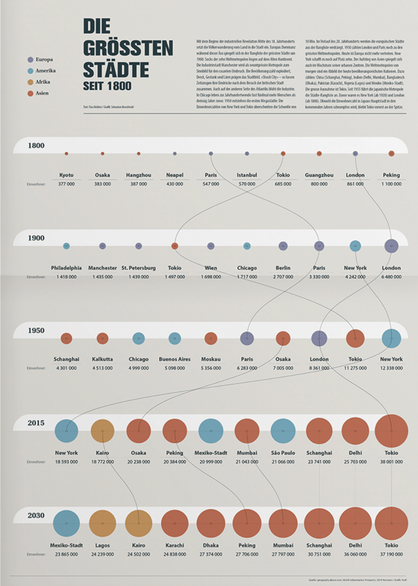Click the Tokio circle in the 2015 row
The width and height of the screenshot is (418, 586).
[391, 431]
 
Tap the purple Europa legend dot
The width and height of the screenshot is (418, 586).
[30, 60]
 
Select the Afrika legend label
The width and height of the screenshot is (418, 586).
[43, 82]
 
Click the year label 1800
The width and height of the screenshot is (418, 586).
[36, 146]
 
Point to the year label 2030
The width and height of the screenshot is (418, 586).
[36, 515]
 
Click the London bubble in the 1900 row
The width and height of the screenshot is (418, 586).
[391, 246]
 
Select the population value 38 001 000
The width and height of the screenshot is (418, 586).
[391, 462]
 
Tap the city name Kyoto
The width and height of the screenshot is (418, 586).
[66, 175]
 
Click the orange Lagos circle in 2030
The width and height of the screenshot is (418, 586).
[103, 523]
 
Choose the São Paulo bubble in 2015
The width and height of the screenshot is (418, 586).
[283, 431]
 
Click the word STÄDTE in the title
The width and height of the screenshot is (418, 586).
[116, 70]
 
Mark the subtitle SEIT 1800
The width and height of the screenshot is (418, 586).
[107, 86]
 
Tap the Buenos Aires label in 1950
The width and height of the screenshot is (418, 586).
[175, 359]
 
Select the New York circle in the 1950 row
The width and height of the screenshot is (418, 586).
[391, 338]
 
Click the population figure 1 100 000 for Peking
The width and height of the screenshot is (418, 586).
[391, 184]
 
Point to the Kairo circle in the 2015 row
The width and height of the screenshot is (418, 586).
[103, 431]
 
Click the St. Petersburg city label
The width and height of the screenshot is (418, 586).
[138, 268]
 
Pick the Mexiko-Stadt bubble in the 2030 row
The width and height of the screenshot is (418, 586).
[66, 523]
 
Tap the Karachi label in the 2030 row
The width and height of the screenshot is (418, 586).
[175, 546]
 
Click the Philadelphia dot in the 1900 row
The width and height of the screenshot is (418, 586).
[66, 246]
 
